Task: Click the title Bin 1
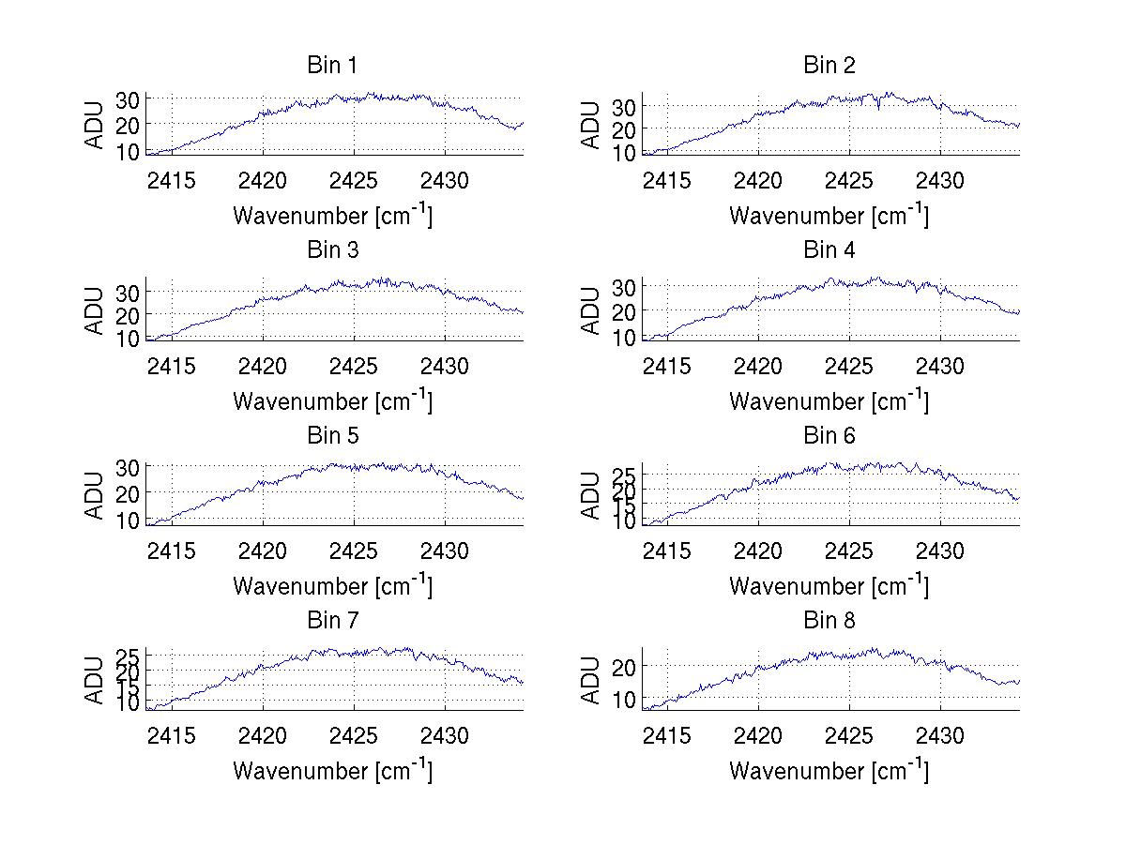coord(332,66)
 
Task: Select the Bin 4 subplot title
coord(829,250)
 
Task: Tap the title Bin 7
coord(332,621)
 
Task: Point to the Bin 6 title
coord(829,436)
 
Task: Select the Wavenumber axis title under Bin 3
coord(332,400)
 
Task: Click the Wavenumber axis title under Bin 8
coord(829,770)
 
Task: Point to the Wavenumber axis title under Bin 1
coord(332,216)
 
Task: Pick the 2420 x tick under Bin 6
coord(757,550)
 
